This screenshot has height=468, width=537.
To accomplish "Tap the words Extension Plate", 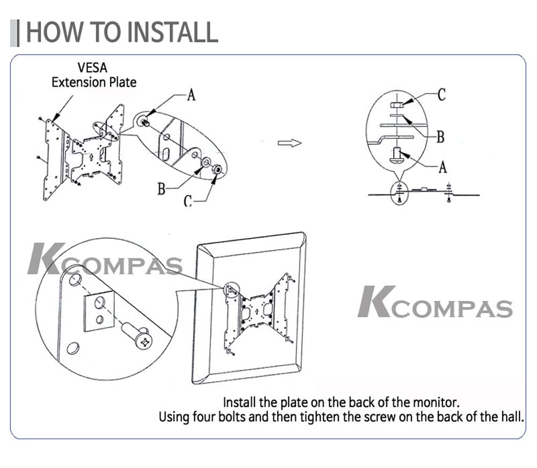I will pos(93,82).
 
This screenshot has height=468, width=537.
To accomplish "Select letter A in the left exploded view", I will pos(191,95).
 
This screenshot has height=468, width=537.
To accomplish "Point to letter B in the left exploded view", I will pos(161,189).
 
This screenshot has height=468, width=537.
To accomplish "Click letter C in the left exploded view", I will pos(187,201).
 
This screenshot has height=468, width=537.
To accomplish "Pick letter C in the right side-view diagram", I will pos(441,95).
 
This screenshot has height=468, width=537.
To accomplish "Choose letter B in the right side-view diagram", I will pos(440,137).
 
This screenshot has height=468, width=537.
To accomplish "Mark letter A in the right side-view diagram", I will pos(442,167).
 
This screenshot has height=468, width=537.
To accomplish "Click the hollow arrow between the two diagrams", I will pos(289,143).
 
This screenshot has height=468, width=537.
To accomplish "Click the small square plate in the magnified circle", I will pos(99,313).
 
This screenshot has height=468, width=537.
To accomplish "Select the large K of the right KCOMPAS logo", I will pos(374,301).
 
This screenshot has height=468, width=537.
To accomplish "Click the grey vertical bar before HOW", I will pos(17,33).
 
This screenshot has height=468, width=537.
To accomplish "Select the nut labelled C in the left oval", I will pos(216,169).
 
